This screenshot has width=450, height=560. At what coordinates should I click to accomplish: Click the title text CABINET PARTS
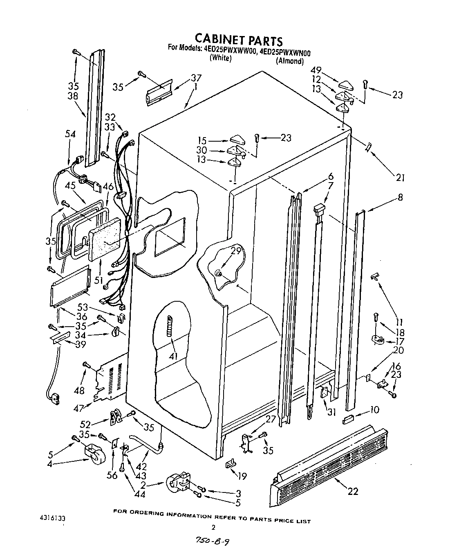[238, 40]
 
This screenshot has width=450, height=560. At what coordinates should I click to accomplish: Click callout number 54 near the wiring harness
[70, 134]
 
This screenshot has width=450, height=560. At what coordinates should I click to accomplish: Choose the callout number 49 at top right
[316, 70]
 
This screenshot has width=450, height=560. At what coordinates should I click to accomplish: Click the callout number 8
[400, 197]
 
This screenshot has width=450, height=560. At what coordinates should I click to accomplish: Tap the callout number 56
[112, 475]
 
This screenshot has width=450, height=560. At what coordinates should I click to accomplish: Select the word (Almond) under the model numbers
[290, 61]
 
